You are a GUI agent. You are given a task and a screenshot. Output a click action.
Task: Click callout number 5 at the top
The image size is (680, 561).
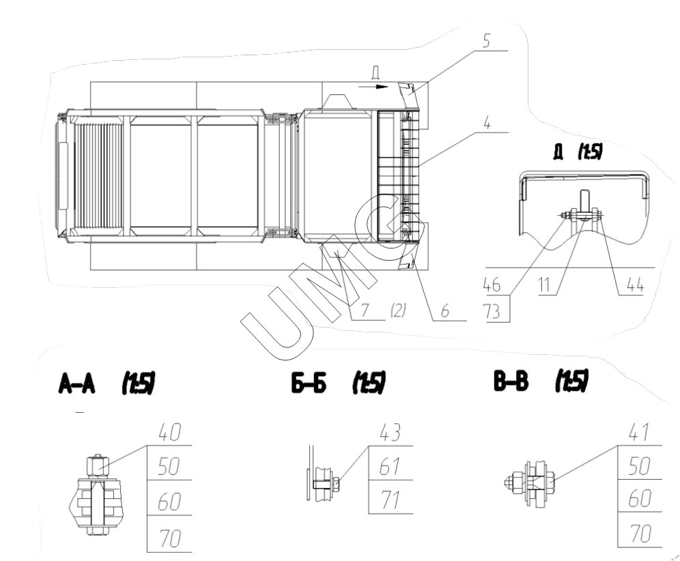(x=486, y=40)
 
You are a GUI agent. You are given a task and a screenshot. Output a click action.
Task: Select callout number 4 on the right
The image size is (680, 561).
(x=487, y=123)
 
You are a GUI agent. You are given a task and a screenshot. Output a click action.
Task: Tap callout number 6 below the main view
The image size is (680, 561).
(x=445, y=311)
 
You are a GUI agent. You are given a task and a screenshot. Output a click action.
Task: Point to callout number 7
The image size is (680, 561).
(x=365, y=311)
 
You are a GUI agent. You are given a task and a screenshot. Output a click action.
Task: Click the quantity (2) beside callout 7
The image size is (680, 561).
(x=398, y=311)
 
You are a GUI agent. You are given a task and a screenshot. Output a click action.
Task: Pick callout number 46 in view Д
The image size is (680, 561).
(x=492, y=285)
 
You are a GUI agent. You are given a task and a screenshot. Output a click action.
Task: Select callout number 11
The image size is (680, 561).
(x=544, y=285)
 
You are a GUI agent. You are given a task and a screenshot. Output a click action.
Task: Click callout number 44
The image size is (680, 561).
(x=635, y=285)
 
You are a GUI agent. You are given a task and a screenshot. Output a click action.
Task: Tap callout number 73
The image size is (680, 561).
(x=492, y=311)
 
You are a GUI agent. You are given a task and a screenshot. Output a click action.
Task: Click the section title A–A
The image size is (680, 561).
(x=76, y=384)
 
